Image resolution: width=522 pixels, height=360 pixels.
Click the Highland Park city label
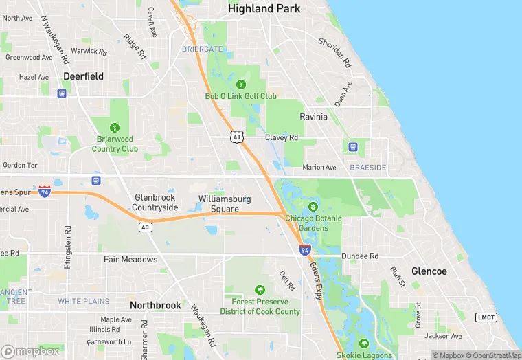(x=264, y=9)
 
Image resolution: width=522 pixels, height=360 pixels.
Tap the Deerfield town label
(x=83, y=76)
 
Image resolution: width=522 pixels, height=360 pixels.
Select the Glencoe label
(x=429, y=271)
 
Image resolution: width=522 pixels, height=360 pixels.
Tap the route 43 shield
(x=145, y=227)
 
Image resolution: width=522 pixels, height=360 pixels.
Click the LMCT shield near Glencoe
(x=486, y=317)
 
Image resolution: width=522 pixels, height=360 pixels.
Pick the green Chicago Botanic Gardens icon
(x=313, y=207)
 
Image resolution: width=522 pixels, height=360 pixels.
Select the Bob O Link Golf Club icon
(x=240, y=85)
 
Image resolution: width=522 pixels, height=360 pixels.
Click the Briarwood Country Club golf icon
(x=115, y=127)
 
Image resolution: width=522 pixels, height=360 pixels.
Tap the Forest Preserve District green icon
(x=260, y=290)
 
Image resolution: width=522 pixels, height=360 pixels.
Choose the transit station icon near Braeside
(x=353, y=146)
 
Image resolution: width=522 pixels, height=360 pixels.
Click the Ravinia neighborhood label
(x=313, y=117)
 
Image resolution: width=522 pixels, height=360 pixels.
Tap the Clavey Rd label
(x=282, y=137)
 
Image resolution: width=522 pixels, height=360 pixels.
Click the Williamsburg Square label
(x=225, y=203)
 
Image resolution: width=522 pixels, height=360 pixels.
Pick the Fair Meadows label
(x=130, y=260)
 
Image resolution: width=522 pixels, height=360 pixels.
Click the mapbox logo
(x=31, y=351)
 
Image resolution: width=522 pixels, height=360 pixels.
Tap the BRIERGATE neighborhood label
(x=203, y=49)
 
